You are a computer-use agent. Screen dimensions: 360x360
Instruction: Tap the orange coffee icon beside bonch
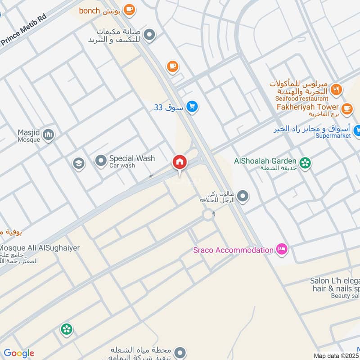[129, 9]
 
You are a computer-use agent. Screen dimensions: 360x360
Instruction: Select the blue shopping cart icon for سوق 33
[193, 107]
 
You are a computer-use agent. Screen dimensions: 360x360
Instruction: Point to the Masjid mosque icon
[49, 134]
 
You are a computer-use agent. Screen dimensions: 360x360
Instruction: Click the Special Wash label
[131, 158]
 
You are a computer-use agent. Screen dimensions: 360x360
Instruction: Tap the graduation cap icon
[79, 163]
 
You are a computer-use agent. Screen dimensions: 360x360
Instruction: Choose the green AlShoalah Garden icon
[306, 162]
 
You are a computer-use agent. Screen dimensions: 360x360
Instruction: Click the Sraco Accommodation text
[233, 250]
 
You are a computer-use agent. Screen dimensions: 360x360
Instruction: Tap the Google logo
[19, 353]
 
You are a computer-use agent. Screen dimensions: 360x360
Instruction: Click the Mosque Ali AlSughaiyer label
[40, 248]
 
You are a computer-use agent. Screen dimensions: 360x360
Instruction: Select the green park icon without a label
[67, 330]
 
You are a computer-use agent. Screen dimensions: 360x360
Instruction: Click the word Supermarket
[332, 135]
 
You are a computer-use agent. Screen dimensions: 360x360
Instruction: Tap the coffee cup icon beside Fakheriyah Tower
[346, 108]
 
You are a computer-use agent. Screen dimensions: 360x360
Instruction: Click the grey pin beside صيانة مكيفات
[150, 34]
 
